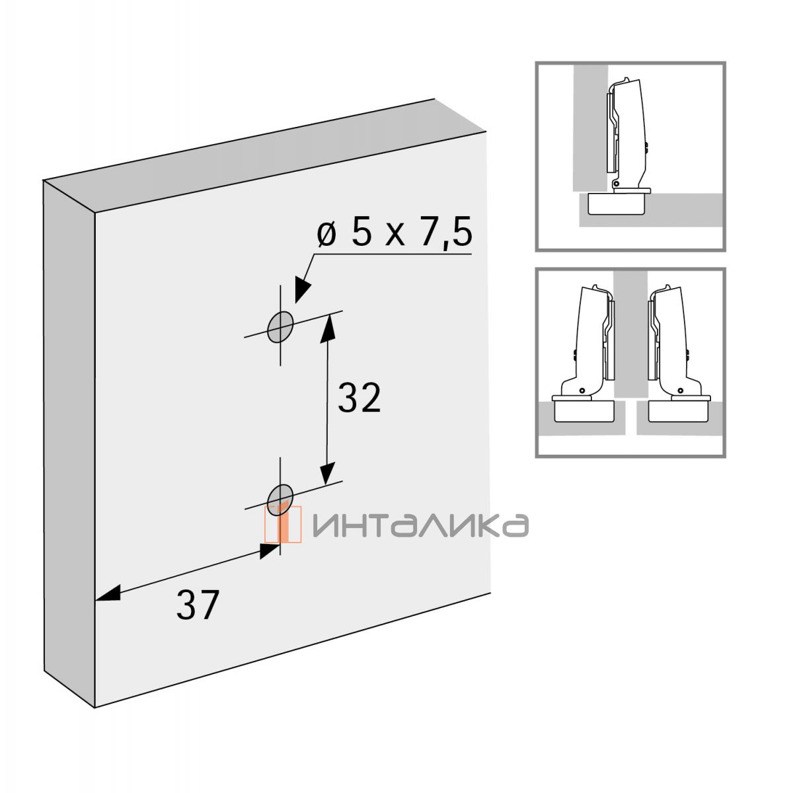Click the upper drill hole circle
tap(281, 327)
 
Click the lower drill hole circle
tap(280, 500)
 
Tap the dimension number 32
tap(359, 398)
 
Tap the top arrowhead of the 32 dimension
tap(328, 328)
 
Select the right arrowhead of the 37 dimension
tap(270, 551)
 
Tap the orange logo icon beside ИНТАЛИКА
tap(283, 524)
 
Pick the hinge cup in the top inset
tap(617, 204)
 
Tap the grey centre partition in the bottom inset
tap(630, 334)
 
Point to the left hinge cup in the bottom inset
tap(584, 410)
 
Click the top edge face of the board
tap(264, 155)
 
